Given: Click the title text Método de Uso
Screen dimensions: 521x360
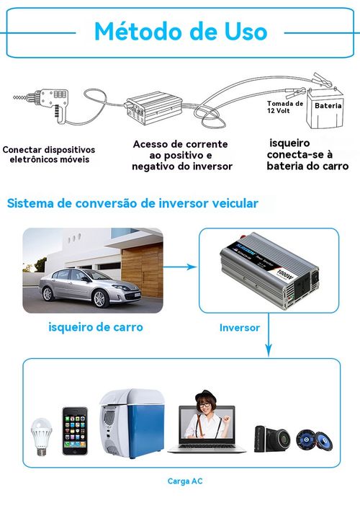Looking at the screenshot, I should tap(180, 32).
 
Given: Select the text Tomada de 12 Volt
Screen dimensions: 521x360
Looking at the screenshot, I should tap(284, 107).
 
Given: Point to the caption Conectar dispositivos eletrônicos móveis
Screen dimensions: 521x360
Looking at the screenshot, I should tap(49, 154).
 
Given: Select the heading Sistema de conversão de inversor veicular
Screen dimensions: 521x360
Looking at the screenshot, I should tap(132, 204).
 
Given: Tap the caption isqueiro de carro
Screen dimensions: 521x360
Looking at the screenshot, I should tap(95, 327).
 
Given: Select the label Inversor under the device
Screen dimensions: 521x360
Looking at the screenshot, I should tap(239, 327).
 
